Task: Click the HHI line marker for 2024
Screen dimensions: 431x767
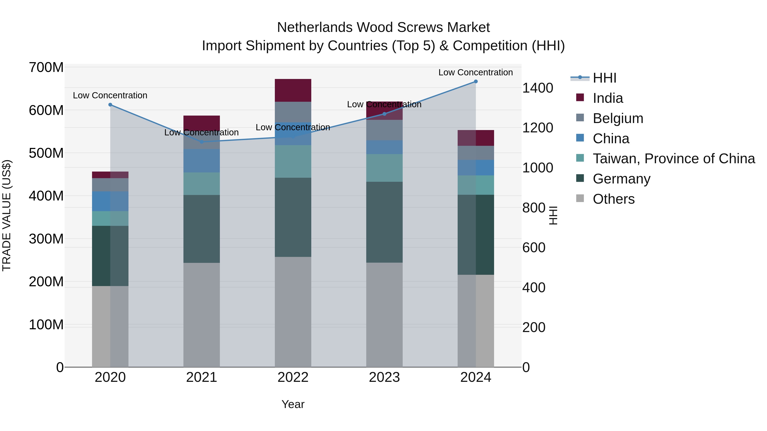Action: (x=476, y=82)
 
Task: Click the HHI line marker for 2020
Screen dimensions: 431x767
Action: (x=110, y=105)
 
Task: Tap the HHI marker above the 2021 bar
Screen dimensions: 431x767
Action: (x=202, y=142)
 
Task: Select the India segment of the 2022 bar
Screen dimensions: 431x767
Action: (x=293, y=90)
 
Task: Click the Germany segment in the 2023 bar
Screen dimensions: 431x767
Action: (x=384, y=222)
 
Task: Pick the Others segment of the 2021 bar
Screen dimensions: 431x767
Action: (x=202, y=315)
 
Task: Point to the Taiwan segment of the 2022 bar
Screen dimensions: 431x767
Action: (x=293, y=162)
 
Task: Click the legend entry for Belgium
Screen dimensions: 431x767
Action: (x=618, y=118)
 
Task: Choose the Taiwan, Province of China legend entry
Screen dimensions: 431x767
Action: (x=673, y=159)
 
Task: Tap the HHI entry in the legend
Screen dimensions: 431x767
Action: (x=604, y=78)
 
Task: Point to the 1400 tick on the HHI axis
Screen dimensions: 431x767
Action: (x=538, y=88)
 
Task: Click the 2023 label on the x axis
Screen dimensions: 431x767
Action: (x=384, y=377)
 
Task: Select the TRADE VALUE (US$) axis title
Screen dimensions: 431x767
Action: (x=7, y=215)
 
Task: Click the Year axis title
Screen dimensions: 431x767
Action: (x=293, y=404)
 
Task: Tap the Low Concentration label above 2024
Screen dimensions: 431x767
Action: (x=476, y=72)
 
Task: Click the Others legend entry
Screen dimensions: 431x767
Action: (x=613, y=199)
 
